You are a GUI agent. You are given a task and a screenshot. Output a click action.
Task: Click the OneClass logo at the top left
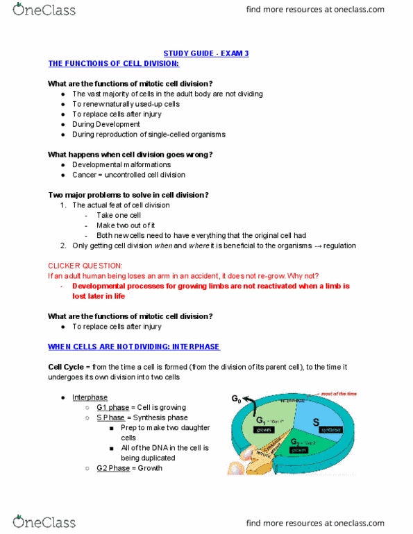(44, 10)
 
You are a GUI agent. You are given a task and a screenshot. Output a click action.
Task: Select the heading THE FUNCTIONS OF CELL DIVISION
(113, 64)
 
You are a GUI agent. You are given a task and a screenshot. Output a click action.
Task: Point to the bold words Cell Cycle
(67, 367)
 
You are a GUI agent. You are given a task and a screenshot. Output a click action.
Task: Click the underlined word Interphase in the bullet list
(90, 397)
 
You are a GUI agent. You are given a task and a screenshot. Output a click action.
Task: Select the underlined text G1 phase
(113, 407)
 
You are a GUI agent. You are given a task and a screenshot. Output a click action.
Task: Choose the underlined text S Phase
(111, 417)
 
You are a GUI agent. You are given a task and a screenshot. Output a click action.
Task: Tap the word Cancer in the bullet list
(84, 175)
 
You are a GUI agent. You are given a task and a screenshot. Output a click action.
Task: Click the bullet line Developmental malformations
(121, 164)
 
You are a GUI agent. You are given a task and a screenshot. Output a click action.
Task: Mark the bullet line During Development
(106, 124)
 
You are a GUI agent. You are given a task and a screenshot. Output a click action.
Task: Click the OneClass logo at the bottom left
(44, 522)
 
